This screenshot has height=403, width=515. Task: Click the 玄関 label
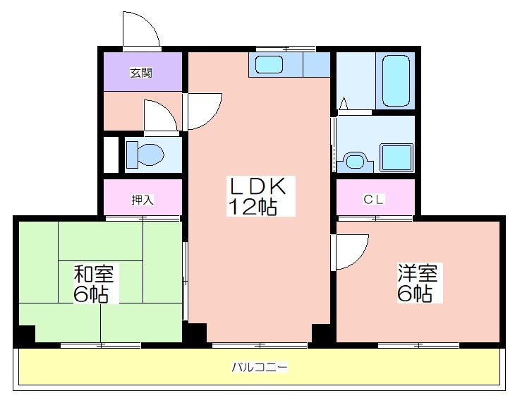coord(141,73)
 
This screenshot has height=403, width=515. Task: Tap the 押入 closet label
coord(143,200)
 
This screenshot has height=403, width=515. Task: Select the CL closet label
coord(373,199)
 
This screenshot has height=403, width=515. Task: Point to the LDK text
coord(257,187)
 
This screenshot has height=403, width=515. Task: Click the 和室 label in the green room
coord(94,273)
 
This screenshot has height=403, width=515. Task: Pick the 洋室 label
coord(418,273)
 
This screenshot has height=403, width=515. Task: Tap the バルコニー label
coord(260,366)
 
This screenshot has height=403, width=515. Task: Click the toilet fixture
coord(145,155)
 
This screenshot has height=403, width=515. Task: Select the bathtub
coord(396,81)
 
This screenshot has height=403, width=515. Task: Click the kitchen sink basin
coord(269,64)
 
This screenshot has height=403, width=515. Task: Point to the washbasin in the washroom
coord(356,162)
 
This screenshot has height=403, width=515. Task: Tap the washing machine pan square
coord(396,157)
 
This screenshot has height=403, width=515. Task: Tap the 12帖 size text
coord(253,206)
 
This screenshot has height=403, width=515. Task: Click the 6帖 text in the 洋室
coord(415,293)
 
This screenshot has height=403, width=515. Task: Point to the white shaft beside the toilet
coord(111,155)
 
